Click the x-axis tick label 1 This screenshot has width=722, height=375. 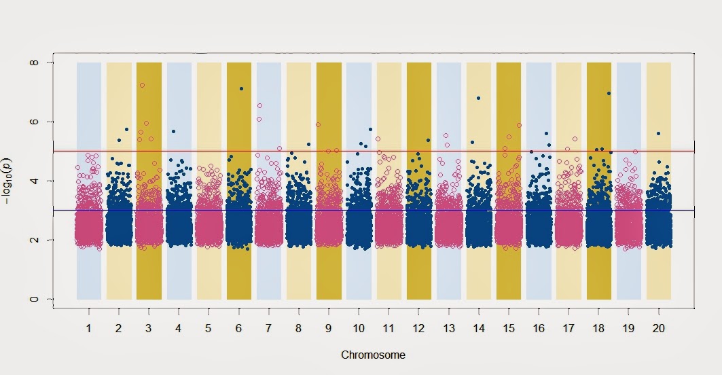[x=89, y=328]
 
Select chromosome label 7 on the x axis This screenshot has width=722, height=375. [x=269, y=328]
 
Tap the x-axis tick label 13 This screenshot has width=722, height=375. [x=449, y=328]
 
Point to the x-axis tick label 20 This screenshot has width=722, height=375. [x=659, y=328]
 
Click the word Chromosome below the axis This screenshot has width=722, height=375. [x=373, y=355]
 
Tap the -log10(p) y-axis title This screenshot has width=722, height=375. [x=10, y=181]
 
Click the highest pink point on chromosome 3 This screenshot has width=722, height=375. [x=142, y=86]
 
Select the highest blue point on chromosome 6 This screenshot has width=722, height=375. [x=241, y=89]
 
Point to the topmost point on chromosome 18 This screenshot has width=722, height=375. [x=609, y=93]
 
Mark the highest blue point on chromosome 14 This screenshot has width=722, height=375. [x=478, y=99]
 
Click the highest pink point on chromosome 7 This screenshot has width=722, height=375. [x=259, y=106]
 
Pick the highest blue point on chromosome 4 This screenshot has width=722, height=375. [x=174, y=131]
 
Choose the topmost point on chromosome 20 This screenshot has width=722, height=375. [x=658, y=133]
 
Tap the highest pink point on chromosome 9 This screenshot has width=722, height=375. [x=318, y=124]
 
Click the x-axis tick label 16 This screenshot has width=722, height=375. [x=539, y=328]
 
